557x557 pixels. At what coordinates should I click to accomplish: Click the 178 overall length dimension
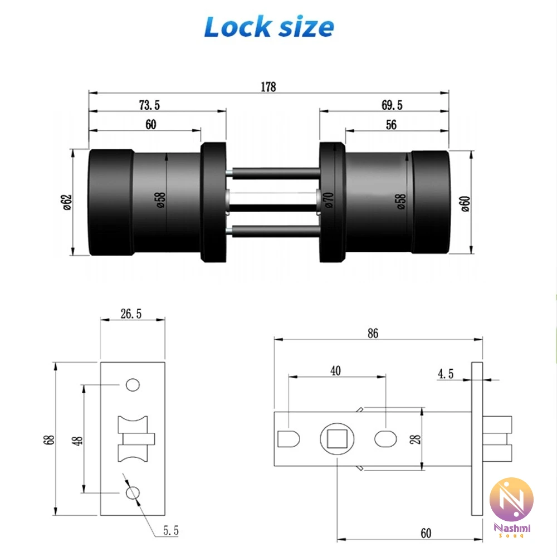point(268,87)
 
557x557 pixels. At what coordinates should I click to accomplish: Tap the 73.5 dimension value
point(149,105)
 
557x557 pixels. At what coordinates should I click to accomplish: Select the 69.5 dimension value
point(392,105)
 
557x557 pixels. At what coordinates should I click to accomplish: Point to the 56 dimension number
point(391,125)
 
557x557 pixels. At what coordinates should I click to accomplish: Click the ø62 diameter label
point(67,202)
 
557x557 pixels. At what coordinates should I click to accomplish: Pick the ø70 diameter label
point(329,200)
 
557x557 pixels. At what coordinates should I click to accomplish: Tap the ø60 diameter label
point(465,204)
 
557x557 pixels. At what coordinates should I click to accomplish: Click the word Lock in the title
point(237,27)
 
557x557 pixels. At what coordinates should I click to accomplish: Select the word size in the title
point(306,27)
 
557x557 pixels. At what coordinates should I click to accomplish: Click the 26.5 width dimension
point(131,314)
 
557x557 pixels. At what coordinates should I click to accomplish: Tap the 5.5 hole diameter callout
point(171,531)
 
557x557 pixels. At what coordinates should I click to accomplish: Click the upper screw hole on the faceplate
point(133,385)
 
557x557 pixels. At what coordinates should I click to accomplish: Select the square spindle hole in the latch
point(337,439)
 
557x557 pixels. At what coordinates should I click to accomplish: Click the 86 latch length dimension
point(373,333)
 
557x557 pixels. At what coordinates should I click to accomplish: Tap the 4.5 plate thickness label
point(446,374)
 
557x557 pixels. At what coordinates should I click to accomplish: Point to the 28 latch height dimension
point(415,439)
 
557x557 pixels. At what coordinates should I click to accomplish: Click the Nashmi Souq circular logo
point(511,500)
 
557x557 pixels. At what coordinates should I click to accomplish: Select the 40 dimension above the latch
point(335,370)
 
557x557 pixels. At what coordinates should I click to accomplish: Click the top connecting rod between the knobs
point(273,173)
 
